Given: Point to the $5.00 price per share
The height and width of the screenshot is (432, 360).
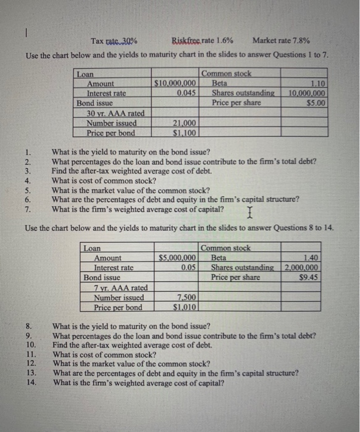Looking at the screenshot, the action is click(x=316, y=102).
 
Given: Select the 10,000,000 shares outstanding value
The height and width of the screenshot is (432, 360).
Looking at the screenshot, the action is click(x=308, y=93).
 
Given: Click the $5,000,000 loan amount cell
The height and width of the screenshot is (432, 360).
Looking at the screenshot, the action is click(x=177, y=258).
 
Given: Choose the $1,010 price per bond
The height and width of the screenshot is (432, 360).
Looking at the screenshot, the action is click(x=185, y=307).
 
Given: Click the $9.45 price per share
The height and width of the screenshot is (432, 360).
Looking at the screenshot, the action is click(x=308, y=277).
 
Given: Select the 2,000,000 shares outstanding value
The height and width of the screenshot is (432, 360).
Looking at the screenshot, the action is click(x=302, y=268).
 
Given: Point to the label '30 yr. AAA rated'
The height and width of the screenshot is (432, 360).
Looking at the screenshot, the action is click(x=115, y=113).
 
